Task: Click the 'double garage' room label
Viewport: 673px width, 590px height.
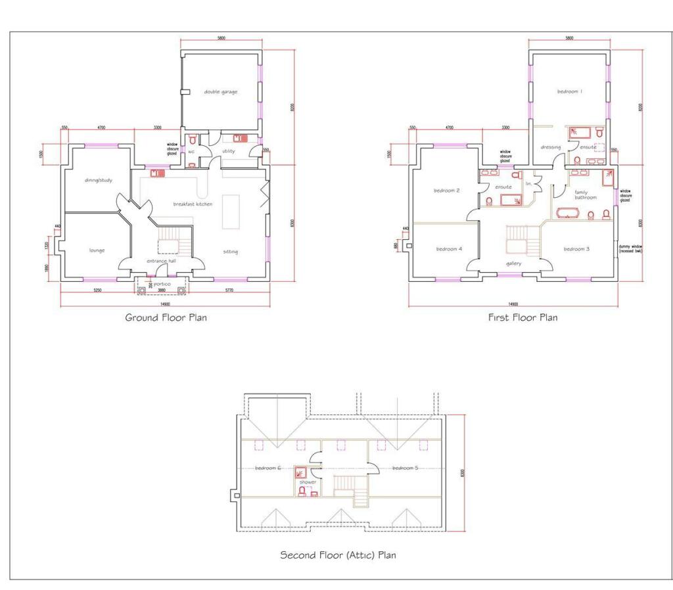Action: [x=220, y=92]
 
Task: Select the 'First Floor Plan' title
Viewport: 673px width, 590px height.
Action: [x=522, y=317]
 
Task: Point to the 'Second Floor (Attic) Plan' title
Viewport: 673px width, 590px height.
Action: [x=338, y=555]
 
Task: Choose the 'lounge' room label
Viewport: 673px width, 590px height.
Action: [x=97, y=250]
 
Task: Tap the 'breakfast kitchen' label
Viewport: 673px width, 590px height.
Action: [x=193, y=204]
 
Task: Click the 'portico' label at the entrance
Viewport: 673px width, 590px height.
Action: [x=162, y=284]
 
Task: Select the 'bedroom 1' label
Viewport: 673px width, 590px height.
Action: [x=570, y=92]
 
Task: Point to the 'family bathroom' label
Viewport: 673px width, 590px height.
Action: [x=586, y=194]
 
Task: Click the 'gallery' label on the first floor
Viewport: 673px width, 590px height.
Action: [x=514, y=263]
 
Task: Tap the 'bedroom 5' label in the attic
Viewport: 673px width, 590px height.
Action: [x=406, y=468]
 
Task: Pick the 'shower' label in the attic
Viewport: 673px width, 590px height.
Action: [x=308, y=482]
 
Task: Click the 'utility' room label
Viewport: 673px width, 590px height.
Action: [x=229, y=151]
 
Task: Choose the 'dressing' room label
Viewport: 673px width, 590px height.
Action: [x=551, y=147]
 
